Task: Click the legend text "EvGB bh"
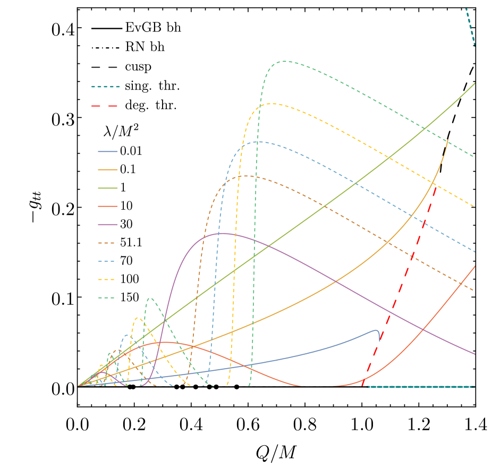click(x=152, y=28)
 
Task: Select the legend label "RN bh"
click(x=145, y=47)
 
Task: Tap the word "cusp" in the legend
click(x=138, y=67)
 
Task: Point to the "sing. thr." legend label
click(x=152, y=86)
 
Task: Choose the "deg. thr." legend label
click(x=151, y=105)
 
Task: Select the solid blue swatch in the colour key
click(x=107, y=152)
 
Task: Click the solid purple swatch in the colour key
click(x=107, y=225)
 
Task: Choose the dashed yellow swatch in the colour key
click(x=107, y=279)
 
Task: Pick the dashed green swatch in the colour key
click(x=107, y=297)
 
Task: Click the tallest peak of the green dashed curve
click(x=286, y=61)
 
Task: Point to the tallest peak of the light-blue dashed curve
click(x=258, y=142)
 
